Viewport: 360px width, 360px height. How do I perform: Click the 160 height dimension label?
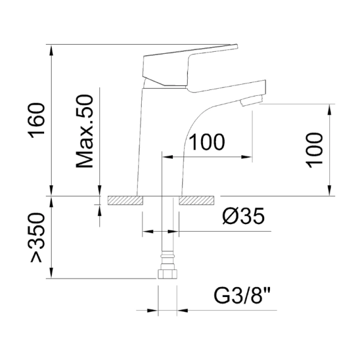[36, 121]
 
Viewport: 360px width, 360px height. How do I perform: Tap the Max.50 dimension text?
[85, 131]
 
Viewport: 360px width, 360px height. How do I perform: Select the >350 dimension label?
[36, 238]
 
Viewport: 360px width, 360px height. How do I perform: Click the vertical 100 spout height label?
[314, 150]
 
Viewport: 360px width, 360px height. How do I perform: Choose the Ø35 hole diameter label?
[244, 216]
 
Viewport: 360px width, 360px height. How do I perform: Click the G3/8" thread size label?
[242, 295]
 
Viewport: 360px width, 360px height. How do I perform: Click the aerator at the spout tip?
[251, 101]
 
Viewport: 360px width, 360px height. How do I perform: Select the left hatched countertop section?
[125, 201]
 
